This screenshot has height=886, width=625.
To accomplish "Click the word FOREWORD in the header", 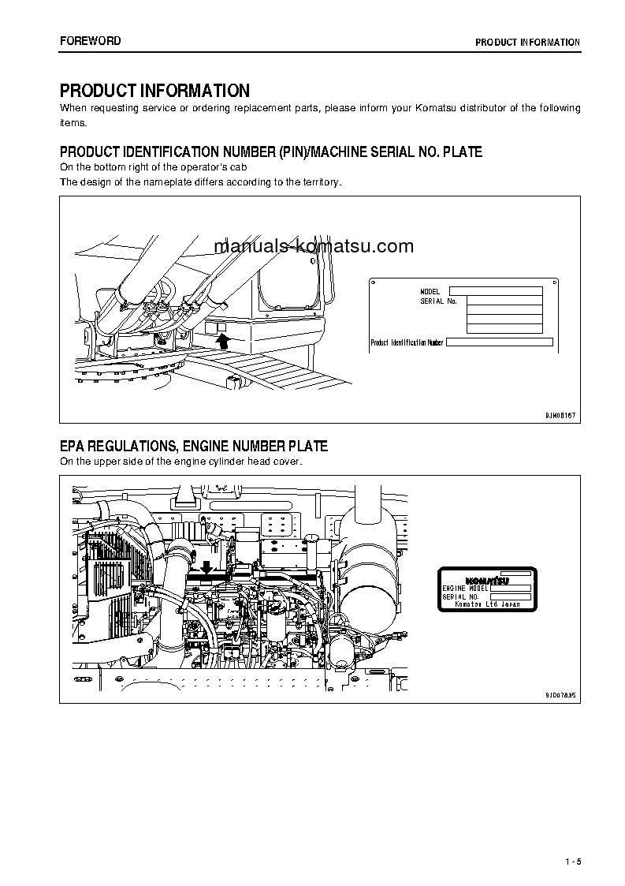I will [x=91, y=41].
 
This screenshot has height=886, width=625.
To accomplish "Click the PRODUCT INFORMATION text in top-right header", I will [x=527, y=43].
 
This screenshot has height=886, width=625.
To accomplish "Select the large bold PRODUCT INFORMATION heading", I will [x=154, y=91].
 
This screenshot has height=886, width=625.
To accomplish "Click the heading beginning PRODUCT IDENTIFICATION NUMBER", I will [x=270, y=151].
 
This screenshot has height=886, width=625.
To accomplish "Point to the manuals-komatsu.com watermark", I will [x=314, y=246].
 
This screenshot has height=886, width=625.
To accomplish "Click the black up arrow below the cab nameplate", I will [x=223, y=340].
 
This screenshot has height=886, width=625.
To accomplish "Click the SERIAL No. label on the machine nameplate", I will [x=438, y=301].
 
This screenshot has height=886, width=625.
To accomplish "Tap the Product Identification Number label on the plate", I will [x=407, y=342].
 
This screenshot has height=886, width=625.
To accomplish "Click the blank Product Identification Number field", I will [x=500, y=342].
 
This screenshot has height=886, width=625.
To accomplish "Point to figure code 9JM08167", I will [x=560, y=415].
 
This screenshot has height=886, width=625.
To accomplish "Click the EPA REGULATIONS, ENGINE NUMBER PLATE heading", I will [x=194, y=447].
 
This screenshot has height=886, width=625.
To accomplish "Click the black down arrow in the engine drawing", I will [x=206, y=567].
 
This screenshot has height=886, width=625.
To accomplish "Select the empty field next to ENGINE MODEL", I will [x=510, y=588].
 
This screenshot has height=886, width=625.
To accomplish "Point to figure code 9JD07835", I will [x=560, y=694].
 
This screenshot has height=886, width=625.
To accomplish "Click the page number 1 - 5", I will [x=572, y=860].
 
